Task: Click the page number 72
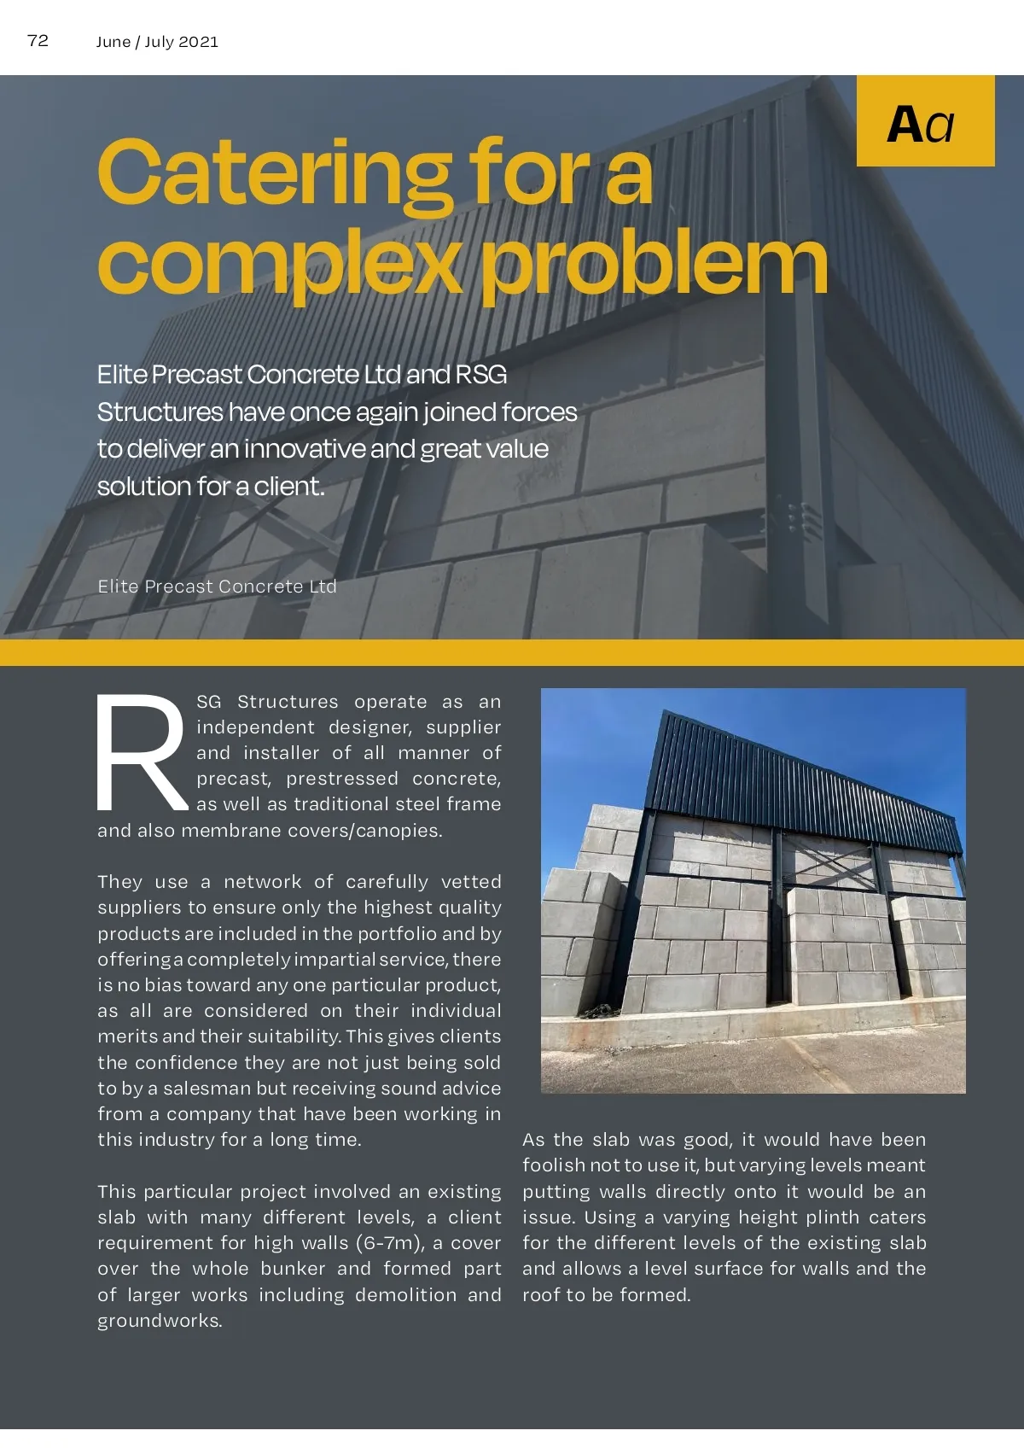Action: click(x=38, y=41)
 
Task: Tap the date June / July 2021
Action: click(x=157, y=42)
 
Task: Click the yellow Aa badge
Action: click(x=925, y=121)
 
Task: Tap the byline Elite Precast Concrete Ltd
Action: click(x=217, y=587)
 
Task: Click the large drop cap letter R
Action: click(x=142, y=754)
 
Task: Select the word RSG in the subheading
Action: click(x=481, y=375)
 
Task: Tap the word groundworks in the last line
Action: click(x=159, y=1321)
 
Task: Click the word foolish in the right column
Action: click(x=551, y=1165)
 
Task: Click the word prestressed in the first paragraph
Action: click(x=341, y=779)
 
